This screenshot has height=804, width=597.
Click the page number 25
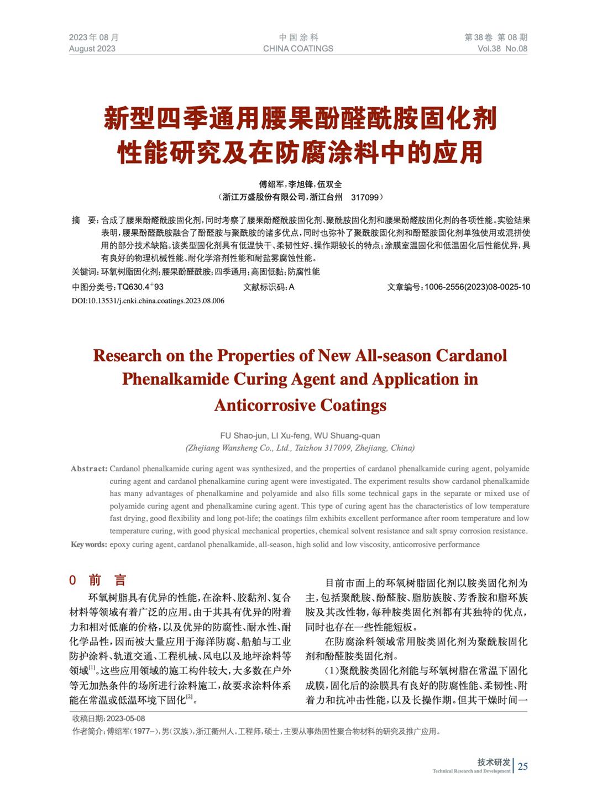pos(522,766)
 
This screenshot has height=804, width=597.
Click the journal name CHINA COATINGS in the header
pos(298,49)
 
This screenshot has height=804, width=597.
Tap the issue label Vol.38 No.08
pos(502,49)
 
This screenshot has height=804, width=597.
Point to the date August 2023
pos(92,49)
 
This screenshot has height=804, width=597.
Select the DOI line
pos(148,301)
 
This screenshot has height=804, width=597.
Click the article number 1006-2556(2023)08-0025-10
pos(478,287)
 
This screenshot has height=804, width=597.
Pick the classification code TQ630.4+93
pos(140,287)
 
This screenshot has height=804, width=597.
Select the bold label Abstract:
pos(89,469)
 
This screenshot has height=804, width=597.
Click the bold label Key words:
pos(89,544)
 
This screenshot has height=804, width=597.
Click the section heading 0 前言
pos(98,580)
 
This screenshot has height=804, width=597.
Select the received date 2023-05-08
pos(125,718)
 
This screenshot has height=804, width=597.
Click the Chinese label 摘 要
pos(85,220)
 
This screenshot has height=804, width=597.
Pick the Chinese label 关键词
pos(85,271)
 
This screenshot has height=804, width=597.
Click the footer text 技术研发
pos(494,761)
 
